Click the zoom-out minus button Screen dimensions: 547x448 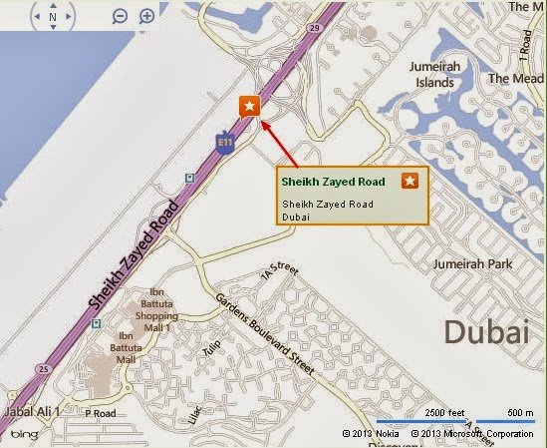pos(120,17)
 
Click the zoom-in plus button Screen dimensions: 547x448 pos(146,17)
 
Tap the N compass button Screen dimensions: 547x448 pos(53,17)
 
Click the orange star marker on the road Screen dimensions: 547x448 pos(248,106)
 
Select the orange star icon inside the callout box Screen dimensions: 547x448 pos(409,181)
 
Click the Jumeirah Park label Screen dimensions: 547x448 pos(470,264)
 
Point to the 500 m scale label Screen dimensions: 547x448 pos(518,412)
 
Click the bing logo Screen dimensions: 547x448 pos(24,433)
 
